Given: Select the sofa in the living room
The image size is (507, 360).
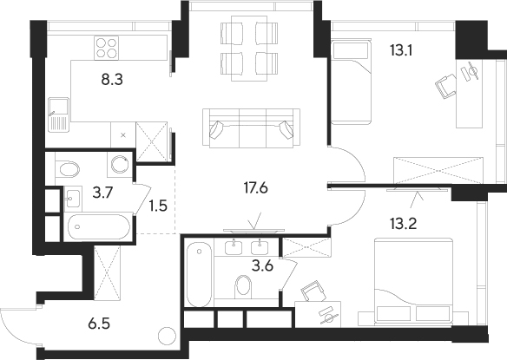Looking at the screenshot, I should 252,128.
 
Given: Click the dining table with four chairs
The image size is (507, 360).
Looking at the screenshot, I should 250,49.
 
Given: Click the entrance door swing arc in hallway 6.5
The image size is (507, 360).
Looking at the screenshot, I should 17,325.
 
